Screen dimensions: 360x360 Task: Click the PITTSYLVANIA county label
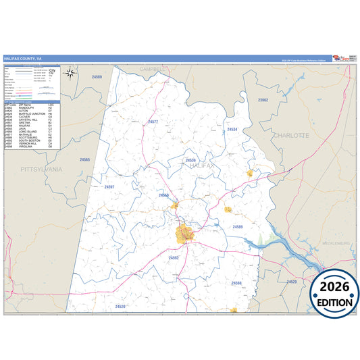[x=41, y=169]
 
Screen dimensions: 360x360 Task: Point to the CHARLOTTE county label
[x=290, y=135]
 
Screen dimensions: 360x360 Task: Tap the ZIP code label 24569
[x=97, y=78]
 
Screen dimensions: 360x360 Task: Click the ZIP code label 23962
[x=263, y=100]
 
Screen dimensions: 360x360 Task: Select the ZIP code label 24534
[x=232, y=128]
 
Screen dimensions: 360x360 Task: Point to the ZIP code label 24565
[x=84, y=159]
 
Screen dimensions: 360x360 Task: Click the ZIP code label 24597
[x=109, y=186]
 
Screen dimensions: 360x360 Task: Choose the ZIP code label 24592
[x=174, y=257]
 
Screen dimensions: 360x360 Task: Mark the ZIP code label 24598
[x=236, y=283]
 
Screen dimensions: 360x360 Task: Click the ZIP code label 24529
[x=292, y=281]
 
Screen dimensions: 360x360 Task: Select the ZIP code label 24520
[x=120, y=307]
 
